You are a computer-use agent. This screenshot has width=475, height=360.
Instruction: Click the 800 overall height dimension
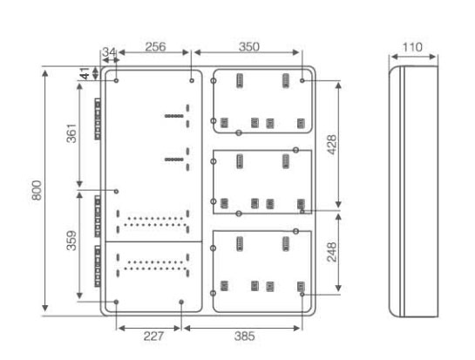click(x=37, y=190)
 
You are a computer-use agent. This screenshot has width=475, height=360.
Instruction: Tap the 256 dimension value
click(x=155, y=47)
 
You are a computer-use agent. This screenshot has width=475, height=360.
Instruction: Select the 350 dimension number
click(x=249, y=47)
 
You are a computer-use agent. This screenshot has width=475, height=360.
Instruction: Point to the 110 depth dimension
click(x=412, y=47)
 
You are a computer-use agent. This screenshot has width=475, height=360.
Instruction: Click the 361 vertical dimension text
click(x=71, y=133)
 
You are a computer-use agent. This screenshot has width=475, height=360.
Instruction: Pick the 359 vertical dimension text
click(x=71, y=241)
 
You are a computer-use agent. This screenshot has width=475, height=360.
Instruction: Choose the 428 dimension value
click(x=332, y=145)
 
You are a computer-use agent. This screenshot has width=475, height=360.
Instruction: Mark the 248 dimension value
click(x=332, y=252)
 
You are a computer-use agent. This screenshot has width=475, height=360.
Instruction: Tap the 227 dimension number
click(x=153, y=336)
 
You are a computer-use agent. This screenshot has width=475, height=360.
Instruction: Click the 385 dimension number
click(x=244, y=336)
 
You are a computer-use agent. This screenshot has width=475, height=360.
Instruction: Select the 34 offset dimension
click(x=108, y=51)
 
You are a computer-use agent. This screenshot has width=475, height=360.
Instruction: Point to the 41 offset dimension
click(x=85, y=73)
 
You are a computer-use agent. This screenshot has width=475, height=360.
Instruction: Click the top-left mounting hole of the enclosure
click(x=116, y=80)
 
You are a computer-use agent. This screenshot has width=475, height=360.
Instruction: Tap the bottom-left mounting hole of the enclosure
click(x=116, y=302)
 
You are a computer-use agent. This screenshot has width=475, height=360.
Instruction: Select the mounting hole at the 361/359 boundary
click(x=116, y=191)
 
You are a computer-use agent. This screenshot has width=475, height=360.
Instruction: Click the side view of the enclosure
click(x=413, y=191)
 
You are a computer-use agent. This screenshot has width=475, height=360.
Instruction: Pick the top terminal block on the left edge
click(x=98, y=119)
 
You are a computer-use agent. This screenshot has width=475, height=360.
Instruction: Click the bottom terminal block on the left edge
click(x=98, y=266)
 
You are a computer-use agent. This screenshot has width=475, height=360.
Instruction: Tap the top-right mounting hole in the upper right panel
click(x=302, y=80)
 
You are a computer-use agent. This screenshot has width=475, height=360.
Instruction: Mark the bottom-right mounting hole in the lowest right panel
click(x=302, y=295)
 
